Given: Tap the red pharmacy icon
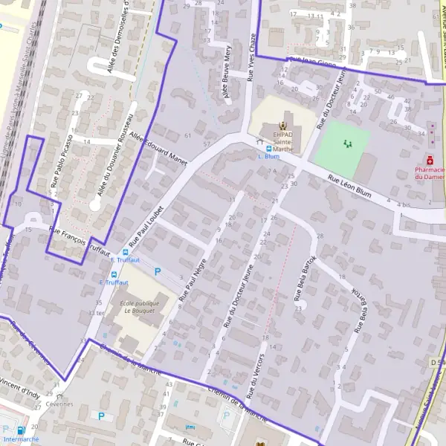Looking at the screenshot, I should coord(429,160).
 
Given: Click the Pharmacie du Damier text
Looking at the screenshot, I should coord(430,173).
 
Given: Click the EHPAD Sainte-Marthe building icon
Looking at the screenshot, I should coord(282,127).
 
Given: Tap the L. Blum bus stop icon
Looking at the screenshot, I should coord(268,148).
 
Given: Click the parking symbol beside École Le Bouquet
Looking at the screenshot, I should coord(157,272).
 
